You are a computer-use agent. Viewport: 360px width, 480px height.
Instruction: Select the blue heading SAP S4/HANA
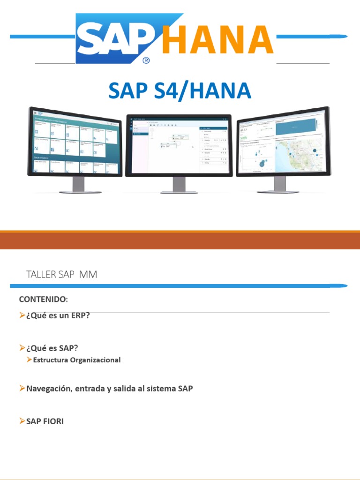click(180, 90)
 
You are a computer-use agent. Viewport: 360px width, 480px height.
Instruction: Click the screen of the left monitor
click(75, 142)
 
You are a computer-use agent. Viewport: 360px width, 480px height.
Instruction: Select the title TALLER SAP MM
click(62, 275)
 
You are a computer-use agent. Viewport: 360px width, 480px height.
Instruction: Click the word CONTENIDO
click(43, 299)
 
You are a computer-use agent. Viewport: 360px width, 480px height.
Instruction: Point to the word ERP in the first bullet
click(81, 315)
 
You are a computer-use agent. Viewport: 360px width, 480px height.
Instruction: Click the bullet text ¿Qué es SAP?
click(52, 348)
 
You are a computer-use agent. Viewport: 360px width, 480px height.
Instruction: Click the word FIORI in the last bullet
click(53, 421)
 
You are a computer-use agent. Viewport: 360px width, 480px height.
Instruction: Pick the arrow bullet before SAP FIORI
click(22, 421)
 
